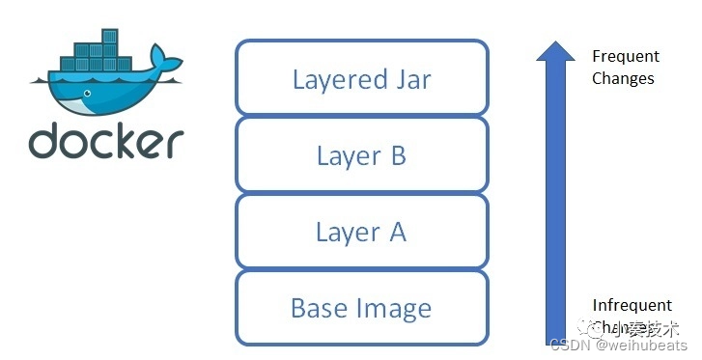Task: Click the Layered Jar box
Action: click(361, 77)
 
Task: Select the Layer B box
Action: click(361, 154)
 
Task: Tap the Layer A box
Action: click(361, 232)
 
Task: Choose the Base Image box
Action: click(361, 308)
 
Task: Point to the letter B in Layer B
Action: click(396, 154)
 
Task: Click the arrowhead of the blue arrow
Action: click(555, 50)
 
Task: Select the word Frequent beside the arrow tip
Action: click(626, 57)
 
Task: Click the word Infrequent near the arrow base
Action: click(632, 305)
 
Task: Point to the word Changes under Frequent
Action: click(623, 78)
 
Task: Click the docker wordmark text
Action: click(105, 142)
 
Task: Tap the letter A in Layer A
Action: click(396, 232)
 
